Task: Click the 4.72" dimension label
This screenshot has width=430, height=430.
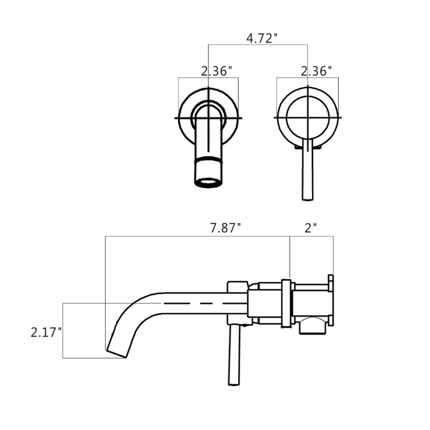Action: click(x=259, y=38)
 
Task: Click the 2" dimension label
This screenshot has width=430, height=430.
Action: click(x=310, y=228)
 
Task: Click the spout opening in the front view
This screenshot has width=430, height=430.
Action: click(x=209, y=182)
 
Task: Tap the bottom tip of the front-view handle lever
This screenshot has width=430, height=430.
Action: click(x=307, y=198)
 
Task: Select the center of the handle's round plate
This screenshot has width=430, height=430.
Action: click(x=308, y=117)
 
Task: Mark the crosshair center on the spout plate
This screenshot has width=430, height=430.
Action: click(x=209, y=117)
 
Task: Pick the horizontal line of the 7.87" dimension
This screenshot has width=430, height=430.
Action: click(x=198, y=236)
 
